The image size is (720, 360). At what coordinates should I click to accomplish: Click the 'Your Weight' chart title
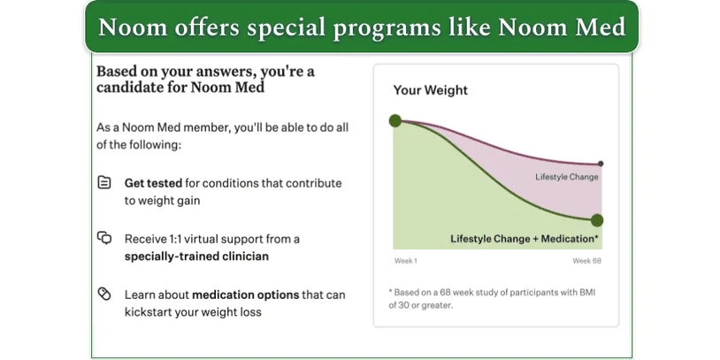pyautogui.click(x=430, y=90)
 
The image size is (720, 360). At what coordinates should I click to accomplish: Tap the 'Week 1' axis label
pyautogui.click(x=405, y=261)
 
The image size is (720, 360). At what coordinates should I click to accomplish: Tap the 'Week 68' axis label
pyautogui.click(x=586, y=261)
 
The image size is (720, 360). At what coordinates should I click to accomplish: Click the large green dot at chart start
pyautogui.click(x=394, y=120)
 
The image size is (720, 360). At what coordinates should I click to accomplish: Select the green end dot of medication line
pyautogui.click(x=597, y=220)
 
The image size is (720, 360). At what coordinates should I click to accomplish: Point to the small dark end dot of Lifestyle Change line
pyautogui.click(x=601, y=164)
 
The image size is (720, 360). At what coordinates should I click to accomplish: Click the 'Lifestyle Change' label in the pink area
pyautogui.click(x=566, y=177)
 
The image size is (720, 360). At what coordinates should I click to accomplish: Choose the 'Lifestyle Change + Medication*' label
pyautogui.click(x=525, y=238)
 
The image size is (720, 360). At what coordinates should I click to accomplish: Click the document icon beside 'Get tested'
pyautogui.click(x=104, y=183)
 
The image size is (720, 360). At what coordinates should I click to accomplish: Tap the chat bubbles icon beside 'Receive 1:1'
pyautogui.click(x=104, y=238)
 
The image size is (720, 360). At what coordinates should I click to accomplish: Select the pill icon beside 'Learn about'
pyautogui.click(x=104, y=294)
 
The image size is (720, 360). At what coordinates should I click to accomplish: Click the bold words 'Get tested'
pyautogui.click(x=153, y=183)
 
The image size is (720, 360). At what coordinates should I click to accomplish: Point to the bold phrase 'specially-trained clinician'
pyautogui.click(x=195, y=257)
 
